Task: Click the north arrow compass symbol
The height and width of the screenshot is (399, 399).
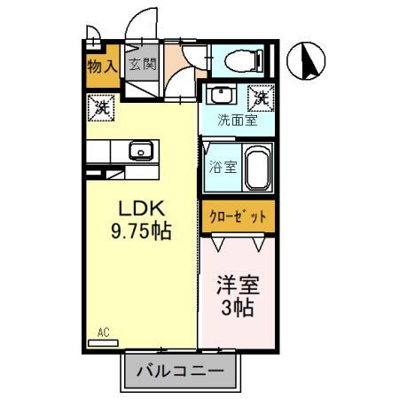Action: click(x=309, y=59)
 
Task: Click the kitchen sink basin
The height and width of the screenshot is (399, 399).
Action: click(x=141, y=151)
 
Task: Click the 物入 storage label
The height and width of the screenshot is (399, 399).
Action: click(x=102, y=65)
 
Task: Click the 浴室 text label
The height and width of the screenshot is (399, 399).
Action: click(x=223, y=166)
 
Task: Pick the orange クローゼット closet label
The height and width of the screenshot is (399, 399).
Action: click(x=237, y=216)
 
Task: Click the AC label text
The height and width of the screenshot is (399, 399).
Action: click(x=103, y=332)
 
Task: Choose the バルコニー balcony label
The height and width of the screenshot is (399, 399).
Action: click(x=179, y=372)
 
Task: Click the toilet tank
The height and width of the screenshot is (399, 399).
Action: click(x=258, y=60)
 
